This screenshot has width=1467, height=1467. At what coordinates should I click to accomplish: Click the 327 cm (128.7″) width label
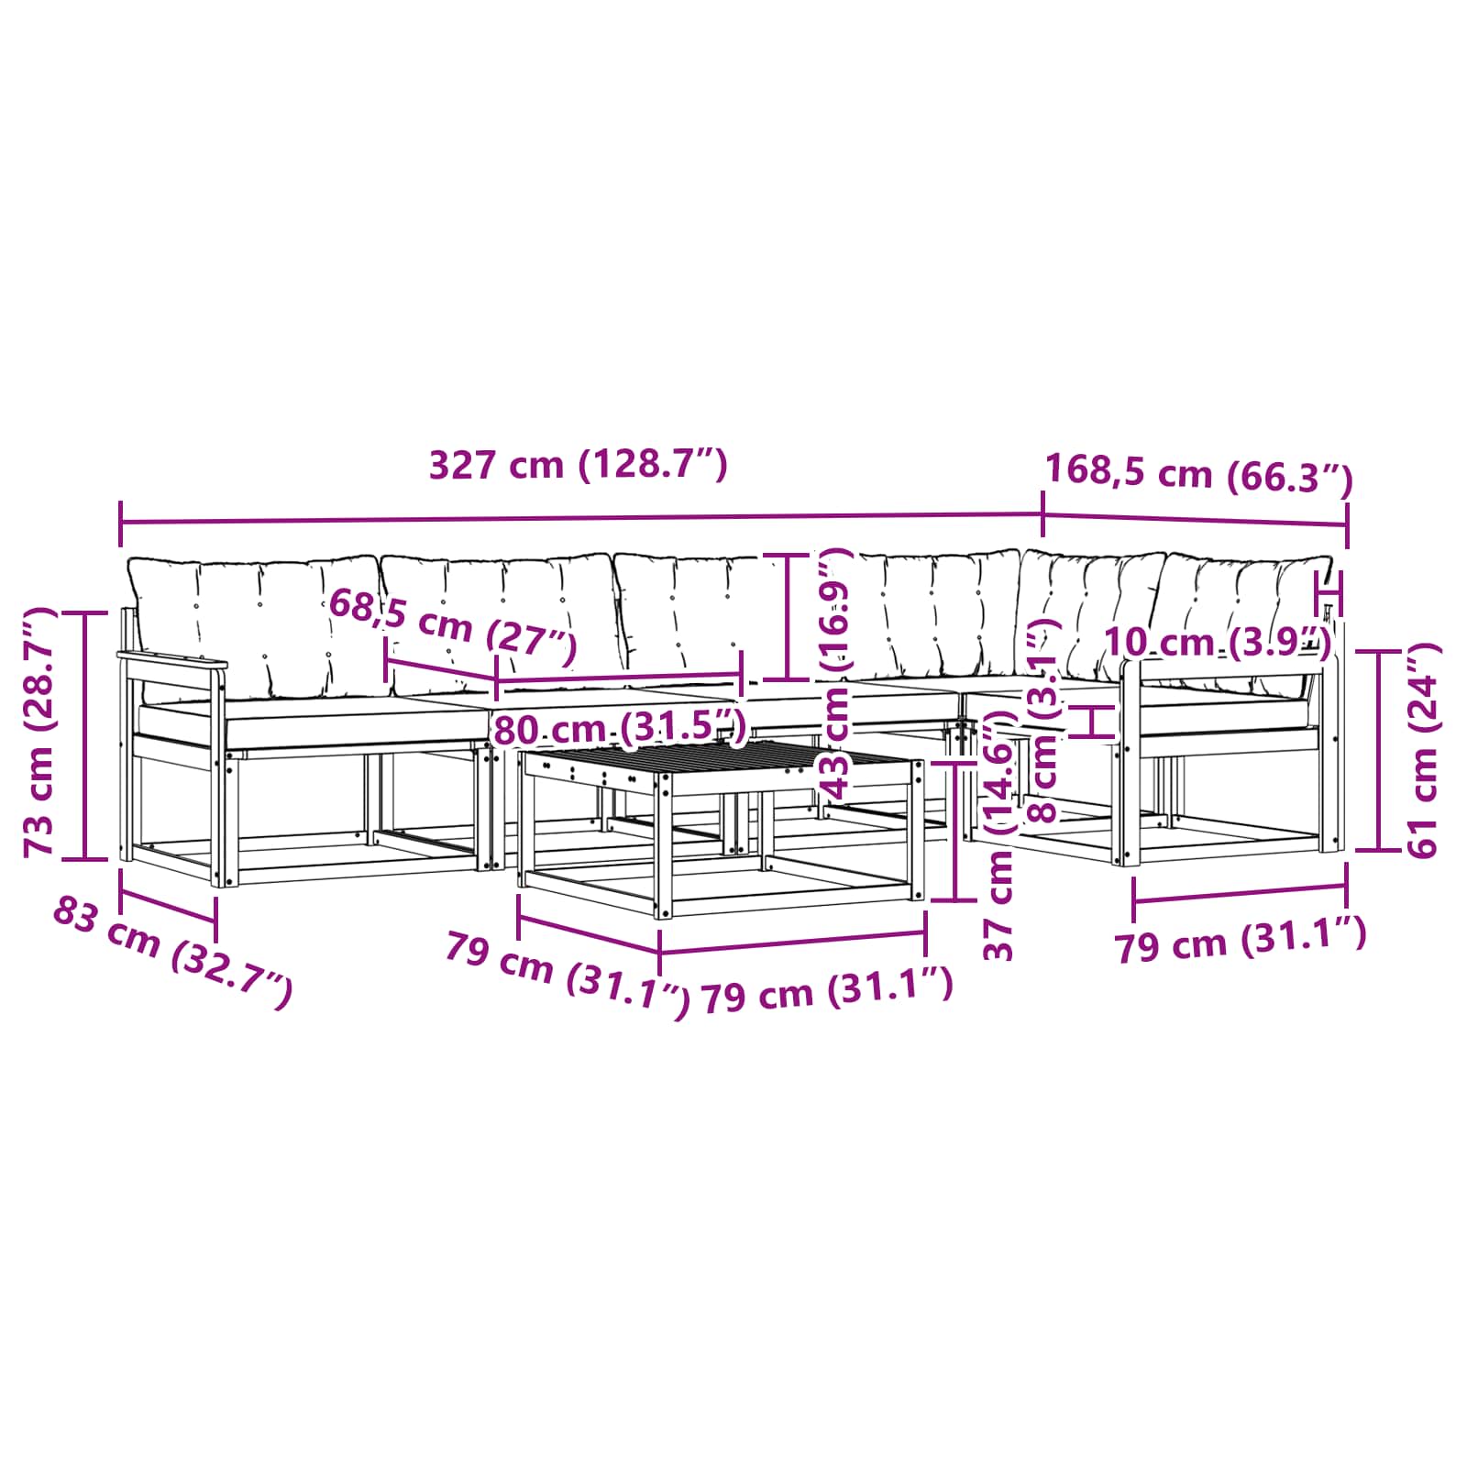tap(579, 465)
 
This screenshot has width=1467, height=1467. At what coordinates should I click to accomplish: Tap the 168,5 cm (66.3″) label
tap(1198, 474)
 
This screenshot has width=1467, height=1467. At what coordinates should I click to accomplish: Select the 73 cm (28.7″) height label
tap(39, 731)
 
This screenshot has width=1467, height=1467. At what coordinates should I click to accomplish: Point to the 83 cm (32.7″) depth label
tap(172, 953)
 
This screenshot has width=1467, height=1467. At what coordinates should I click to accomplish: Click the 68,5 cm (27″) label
tap(453, 627)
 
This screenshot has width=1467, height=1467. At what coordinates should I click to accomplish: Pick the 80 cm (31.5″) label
tap(613, 728)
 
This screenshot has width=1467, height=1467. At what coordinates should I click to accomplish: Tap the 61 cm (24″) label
tap(1422, 749)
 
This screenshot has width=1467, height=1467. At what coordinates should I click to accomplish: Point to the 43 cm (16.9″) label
tap(835, 674)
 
